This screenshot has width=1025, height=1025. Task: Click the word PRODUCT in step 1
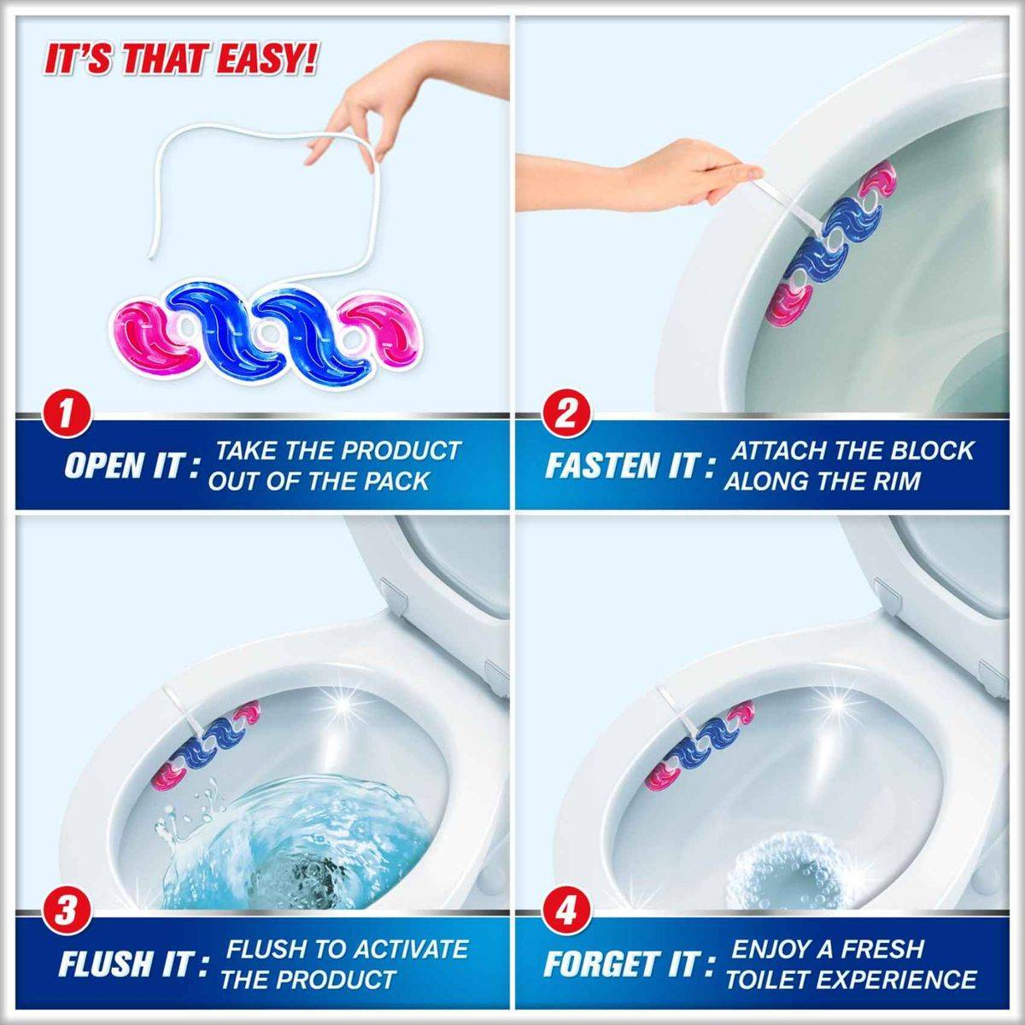click(x=401, y=451)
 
